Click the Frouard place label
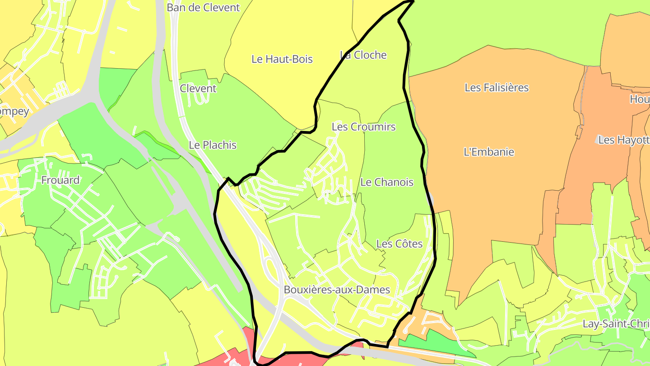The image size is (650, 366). [x=60, y=180]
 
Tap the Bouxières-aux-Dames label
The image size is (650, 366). [x=337, y=290]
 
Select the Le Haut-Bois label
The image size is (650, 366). [x=282, y=59]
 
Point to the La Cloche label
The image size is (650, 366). [x=364, y=55]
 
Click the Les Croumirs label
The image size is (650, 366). [x=363, y=127]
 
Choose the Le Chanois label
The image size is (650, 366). [x=387, y=182]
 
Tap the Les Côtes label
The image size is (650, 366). [x=399, y=244]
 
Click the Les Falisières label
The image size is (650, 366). [x=497, y=88]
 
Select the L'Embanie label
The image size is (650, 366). [x=489, y=152]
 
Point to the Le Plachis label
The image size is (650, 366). [x=213, y=145]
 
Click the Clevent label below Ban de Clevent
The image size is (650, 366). [x=198, y=89]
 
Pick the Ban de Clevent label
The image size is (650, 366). [x=203, y=8]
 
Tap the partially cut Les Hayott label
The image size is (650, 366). [x=623, y=140]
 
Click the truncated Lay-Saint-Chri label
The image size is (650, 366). [x=616, y=324]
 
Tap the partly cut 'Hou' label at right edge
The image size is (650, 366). [x=640, y=99]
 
